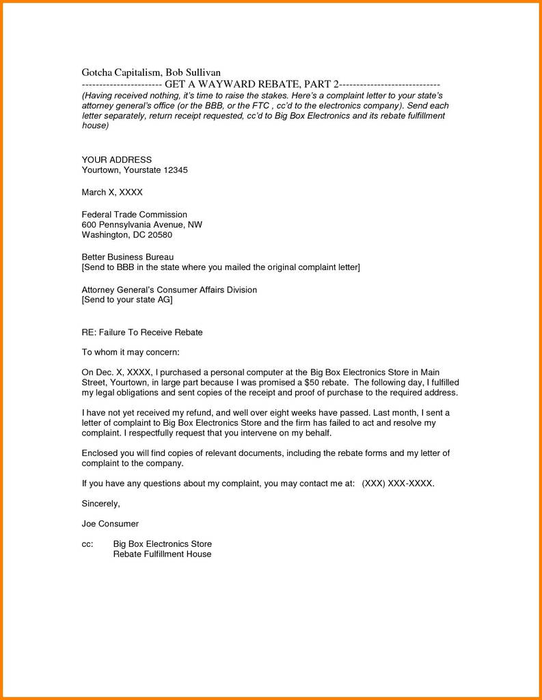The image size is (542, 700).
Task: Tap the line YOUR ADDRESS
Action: (x=117, y=159)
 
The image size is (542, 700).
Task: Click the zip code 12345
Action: (x=175, y=170)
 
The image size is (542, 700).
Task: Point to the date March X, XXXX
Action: (x=112, y=192)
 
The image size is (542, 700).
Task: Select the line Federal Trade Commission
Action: (x=134, y=214)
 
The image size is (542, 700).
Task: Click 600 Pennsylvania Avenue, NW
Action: (x=141, y=224)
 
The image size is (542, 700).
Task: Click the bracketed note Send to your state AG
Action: (x=127, y=299)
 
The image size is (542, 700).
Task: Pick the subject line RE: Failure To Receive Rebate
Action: (x=142, y=332)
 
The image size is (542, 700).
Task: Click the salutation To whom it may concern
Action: (x=131, y=352)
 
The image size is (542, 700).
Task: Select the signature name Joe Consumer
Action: (x=110, y=523)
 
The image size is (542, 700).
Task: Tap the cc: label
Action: (x=87, y=543)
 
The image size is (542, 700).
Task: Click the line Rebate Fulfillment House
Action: (x=162, y=554)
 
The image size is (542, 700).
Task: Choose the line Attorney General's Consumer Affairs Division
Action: (x=170, y=289)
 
